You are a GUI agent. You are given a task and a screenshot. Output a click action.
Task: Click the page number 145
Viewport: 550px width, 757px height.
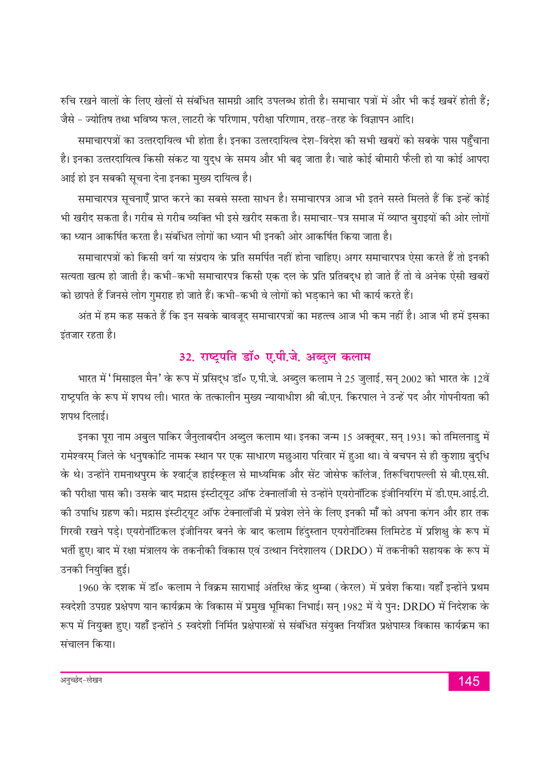(468, 681)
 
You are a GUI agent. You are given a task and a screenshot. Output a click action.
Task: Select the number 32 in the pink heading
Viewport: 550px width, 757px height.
(185, 357)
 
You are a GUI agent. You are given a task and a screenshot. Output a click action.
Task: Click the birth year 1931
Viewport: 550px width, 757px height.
(415, 437)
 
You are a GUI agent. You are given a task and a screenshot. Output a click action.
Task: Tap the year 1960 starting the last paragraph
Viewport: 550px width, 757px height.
(88, 587)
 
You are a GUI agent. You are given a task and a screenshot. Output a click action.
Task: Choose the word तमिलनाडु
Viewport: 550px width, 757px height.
(463, 437)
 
